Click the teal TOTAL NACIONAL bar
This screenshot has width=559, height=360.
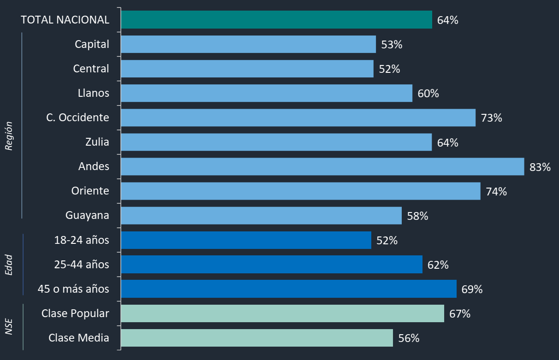pos(276,20)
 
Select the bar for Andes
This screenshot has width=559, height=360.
pos(322,166)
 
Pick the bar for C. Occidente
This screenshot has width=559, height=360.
pos(298,118)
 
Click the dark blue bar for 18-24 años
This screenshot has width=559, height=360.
pos(246,240)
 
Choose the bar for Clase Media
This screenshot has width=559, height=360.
pos(256,338)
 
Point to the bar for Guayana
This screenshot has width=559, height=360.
pos(261,216)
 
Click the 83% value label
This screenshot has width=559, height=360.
pos(540,167)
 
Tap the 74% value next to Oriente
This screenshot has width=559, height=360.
pos(496,191)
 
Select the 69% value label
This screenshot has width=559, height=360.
pos(472,289)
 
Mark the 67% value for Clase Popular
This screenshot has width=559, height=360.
pos(460,314)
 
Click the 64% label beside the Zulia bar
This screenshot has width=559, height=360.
pos(447,142)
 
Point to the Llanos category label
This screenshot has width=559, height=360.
pos(94,93)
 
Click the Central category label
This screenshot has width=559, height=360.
pos(91,69)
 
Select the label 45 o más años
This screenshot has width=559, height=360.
pos(74,289)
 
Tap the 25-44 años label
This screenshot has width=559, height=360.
pos(82,265)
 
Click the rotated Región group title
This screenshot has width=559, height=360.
pos(9,136)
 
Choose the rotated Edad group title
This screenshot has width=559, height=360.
pos(9,265)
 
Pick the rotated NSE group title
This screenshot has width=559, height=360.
pos(9,326)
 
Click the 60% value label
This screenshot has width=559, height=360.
pos(428,94)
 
